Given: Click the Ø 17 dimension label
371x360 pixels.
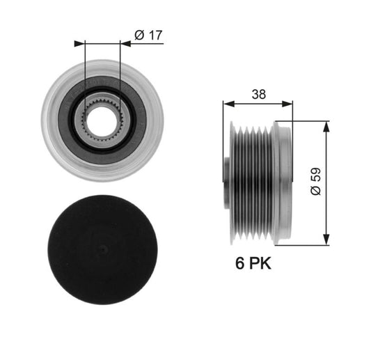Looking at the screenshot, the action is (x=148, y=36).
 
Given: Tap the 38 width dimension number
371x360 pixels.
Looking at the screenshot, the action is (x=259, y=94).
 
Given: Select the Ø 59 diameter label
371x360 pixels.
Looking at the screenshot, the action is (x=315, y=181).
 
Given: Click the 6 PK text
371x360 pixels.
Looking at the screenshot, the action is (x=253, y=263).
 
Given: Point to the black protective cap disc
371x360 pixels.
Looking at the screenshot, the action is (x=103, y=249).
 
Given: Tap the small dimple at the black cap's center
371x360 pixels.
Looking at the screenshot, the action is (x=103, y=249).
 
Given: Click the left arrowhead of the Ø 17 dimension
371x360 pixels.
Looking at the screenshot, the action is (x=79, y=44).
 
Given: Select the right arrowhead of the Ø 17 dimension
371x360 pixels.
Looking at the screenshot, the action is (x=125, y=44).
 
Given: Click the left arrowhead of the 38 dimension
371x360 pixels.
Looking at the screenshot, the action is (x=228, y=104).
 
